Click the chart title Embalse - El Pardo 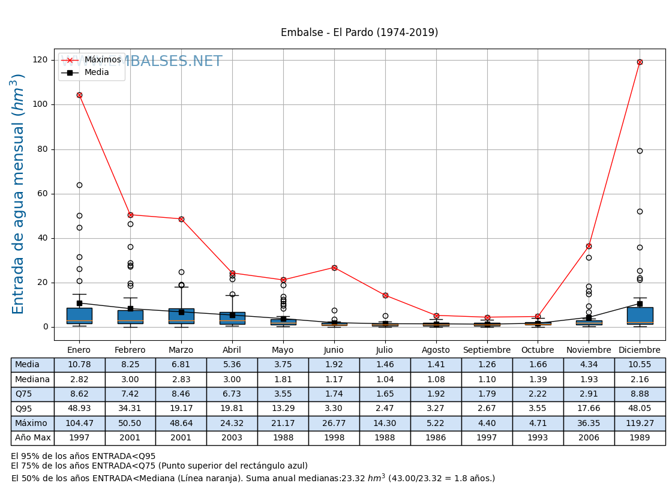(359, 33)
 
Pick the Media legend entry (96, 73)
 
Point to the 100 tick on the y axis (40, 104)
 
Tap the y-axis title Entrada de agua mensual (19, 194)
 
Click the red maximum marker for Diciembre (640, 62)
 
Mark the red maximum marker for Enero (79, 95)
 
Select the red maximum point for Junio (334, 268)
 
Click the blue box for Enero (79, 316)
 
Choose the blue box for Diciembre (640, 315)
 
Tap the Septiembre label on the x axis (487, 350)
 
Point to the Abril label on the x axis (232, 350)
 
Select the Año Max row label (32, 438)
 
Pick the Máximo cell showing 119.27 (640, 424)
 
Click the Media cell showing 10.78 (79, 365)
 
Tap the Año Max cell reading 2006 (589, 438)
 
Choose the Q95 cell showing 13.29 (283, 409)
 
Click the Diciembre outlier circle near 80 (640, 151)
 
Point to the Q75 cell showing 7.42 (130, 394)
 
